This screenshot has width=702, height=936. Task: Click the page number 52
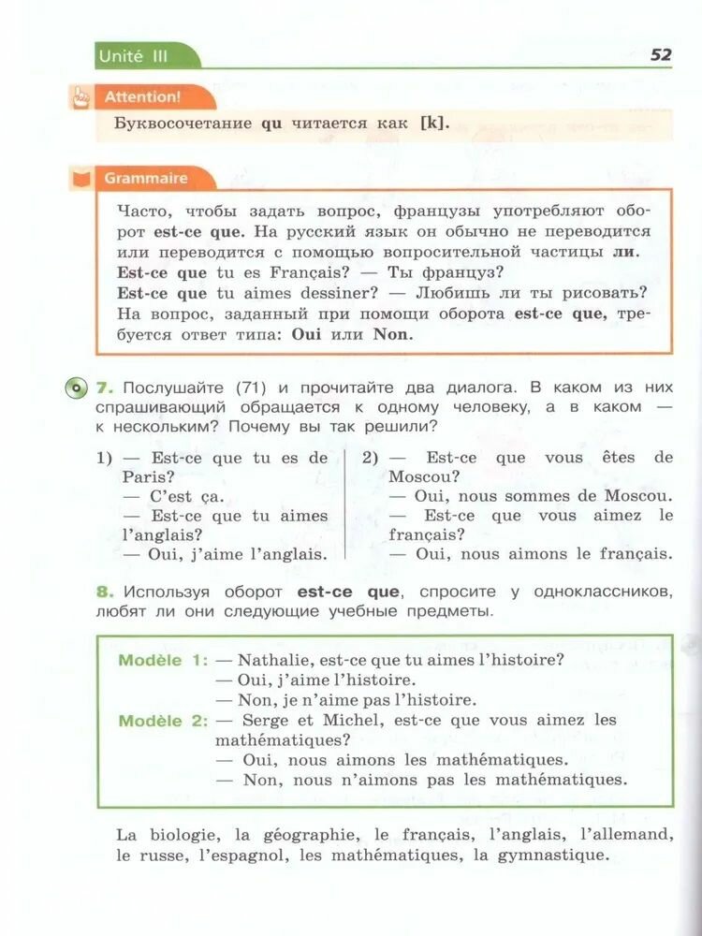point(661,54)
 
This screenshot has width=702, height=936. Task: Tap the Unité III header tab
point(134,56)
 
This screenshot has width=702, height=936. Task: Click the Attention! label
point(142,96)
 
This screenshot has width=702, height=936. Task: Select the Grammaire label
point(146,178)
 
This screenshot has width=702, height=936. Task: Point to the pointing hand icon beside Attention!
point(81,95)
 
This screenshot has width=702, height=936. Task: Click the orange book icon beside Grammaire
point(82,178)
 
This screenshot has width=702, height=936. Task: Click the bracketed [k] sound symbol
point(430,123)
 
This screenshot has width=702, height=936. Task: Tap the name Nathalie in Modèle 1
point(279,660)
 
